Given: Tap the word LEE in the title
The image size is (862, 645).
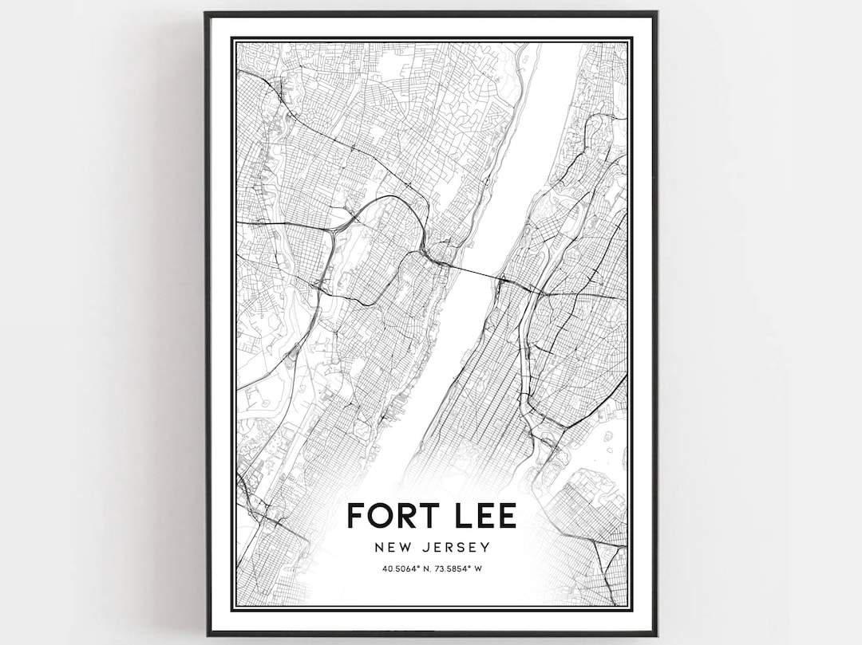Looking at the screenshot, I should pos(479,515).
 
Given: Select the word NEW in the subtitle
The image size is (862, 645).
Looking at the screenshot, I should pos(389,548).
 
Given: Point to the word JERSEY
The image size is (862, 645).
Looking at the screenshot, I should pos(457,548).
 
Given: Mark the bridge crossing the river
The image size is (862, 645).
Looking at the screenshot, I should pos(476,273).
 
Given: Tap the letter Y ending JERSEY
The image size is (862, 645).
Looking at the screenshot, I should pos(485,548).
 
